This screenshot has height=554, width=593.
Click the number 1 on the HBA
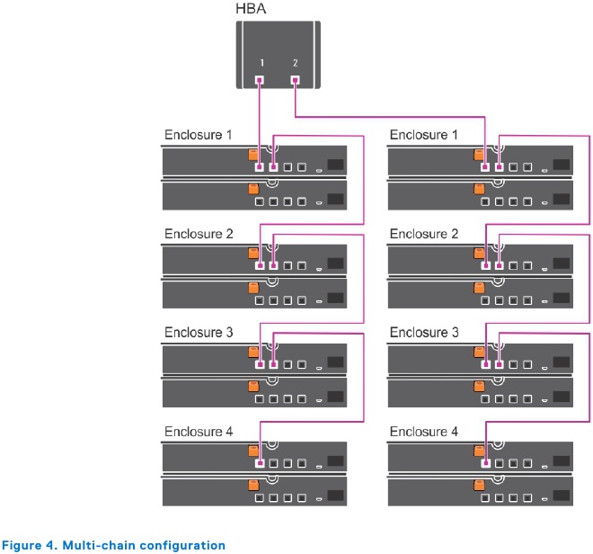click(x=261, y=64)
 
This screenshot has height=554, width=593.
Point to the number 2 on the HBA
click(x=295, y=64)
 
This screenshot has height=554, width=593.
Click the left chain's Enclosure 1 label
click(x=198, y=135)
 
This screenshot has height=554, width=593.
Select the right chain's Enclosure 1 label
click(x=423, y=135)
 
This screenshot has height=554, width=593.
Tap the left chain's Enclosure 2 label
click(x=198, y=234)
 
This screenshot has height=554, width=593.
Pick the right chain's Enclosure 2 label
click(x=423, y=234)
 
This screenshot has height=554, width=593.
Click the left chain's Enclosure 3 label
click(x=198, y=333)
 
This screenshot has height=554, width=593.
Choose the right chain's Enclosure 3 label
click(x=423, y=333)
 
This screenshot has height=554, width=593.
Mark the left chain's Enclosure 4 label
click(x=198, y=432)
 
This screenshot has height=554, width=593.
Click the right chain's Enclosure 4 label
click(x=423, y=432)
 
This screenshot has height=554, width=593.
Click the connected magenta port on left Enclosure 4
click(x=260, y=464)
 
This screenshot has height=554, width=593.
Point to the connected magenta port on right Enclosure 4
click(x=485, y=464)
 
